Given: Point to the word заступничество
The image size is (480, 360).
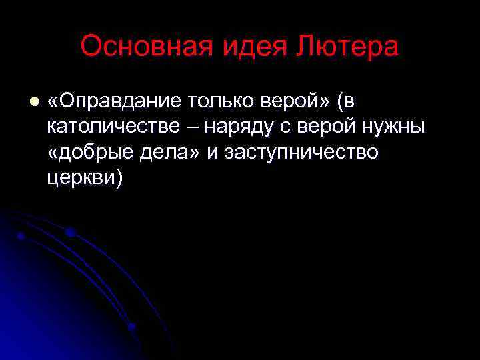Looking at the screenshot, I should click(x=301, y=153).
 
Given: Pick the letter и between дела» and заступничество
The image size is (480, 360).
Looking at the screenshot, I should click(x=213, y=153).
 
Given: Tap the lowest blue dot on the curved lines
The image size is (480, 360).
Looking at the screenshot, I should click(x=131, y=327).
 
